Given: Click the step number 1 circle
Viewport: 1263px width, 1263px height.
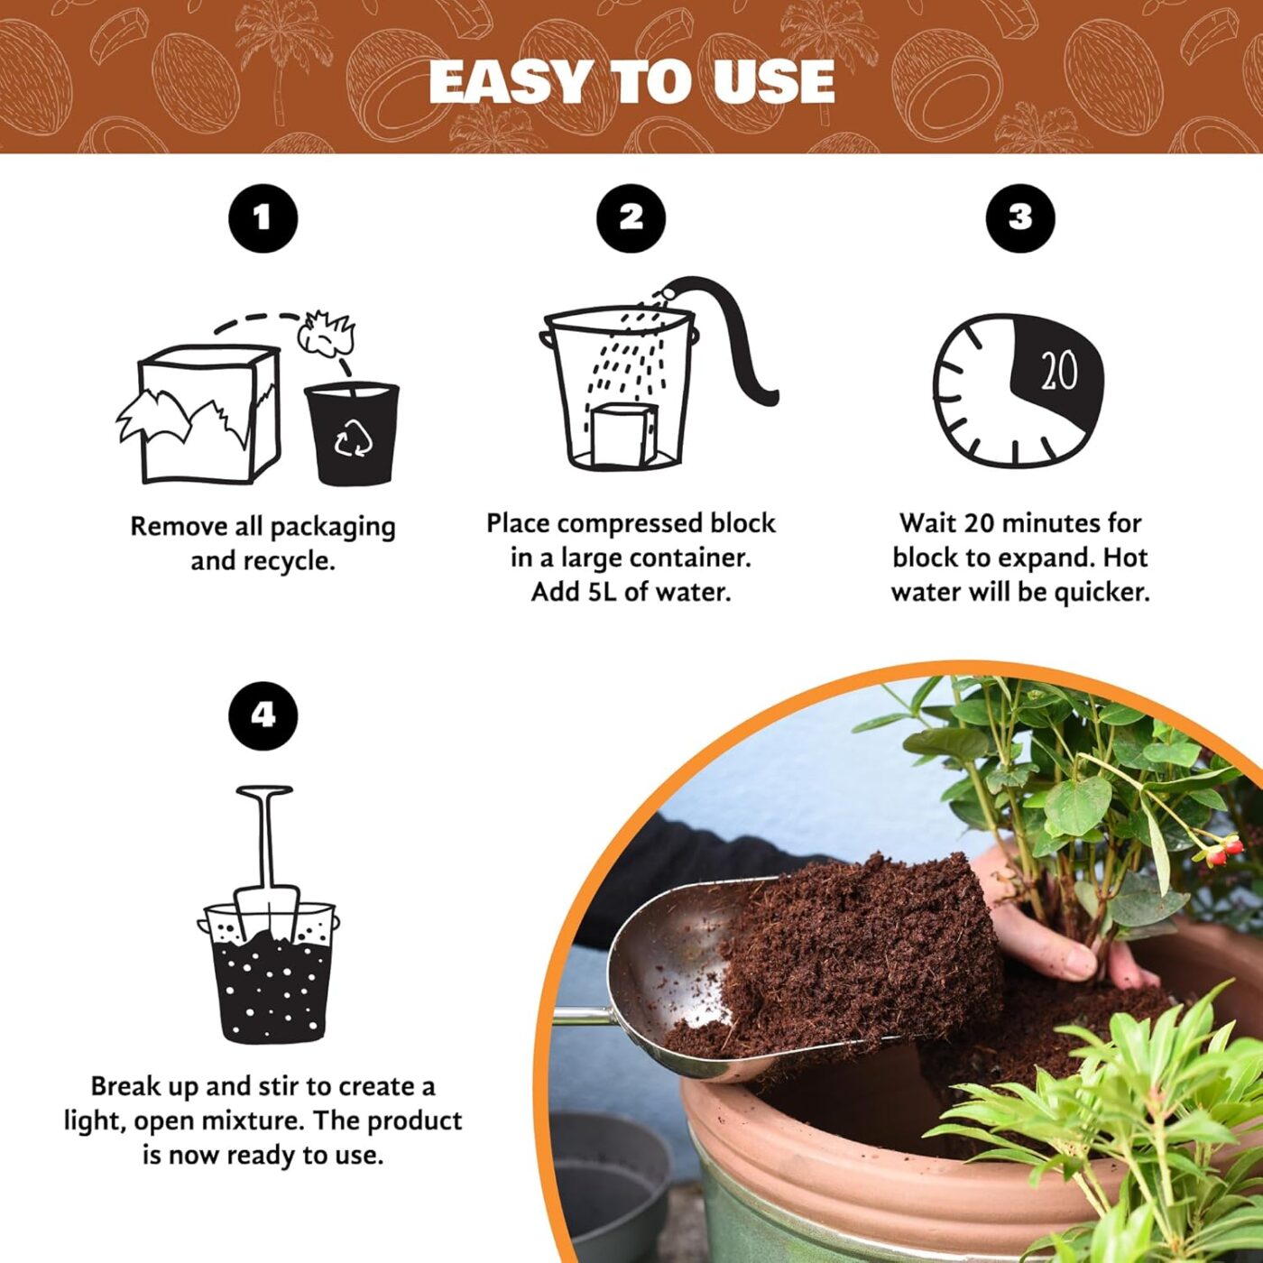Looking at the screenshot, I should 263,217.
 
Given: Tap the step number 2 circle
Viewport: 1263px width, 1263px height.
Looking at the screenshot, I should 631,217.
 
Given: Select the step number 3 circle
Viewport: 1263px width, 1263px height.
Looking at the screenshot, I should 1019,217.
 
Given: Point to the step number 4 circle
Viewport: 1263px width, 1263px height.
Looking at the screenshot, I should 263,715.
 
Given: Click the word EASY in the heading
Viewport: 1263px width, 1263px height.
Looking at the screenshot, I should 512,82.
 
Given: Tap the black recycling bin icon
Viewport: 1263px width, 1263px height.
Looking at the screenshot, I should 352,433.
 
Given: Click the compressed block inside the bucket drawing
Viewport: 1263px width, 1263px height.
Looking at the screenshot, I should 621,435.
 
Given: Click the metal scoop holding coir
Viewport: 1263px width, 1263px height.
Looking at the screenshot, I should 668,965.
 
